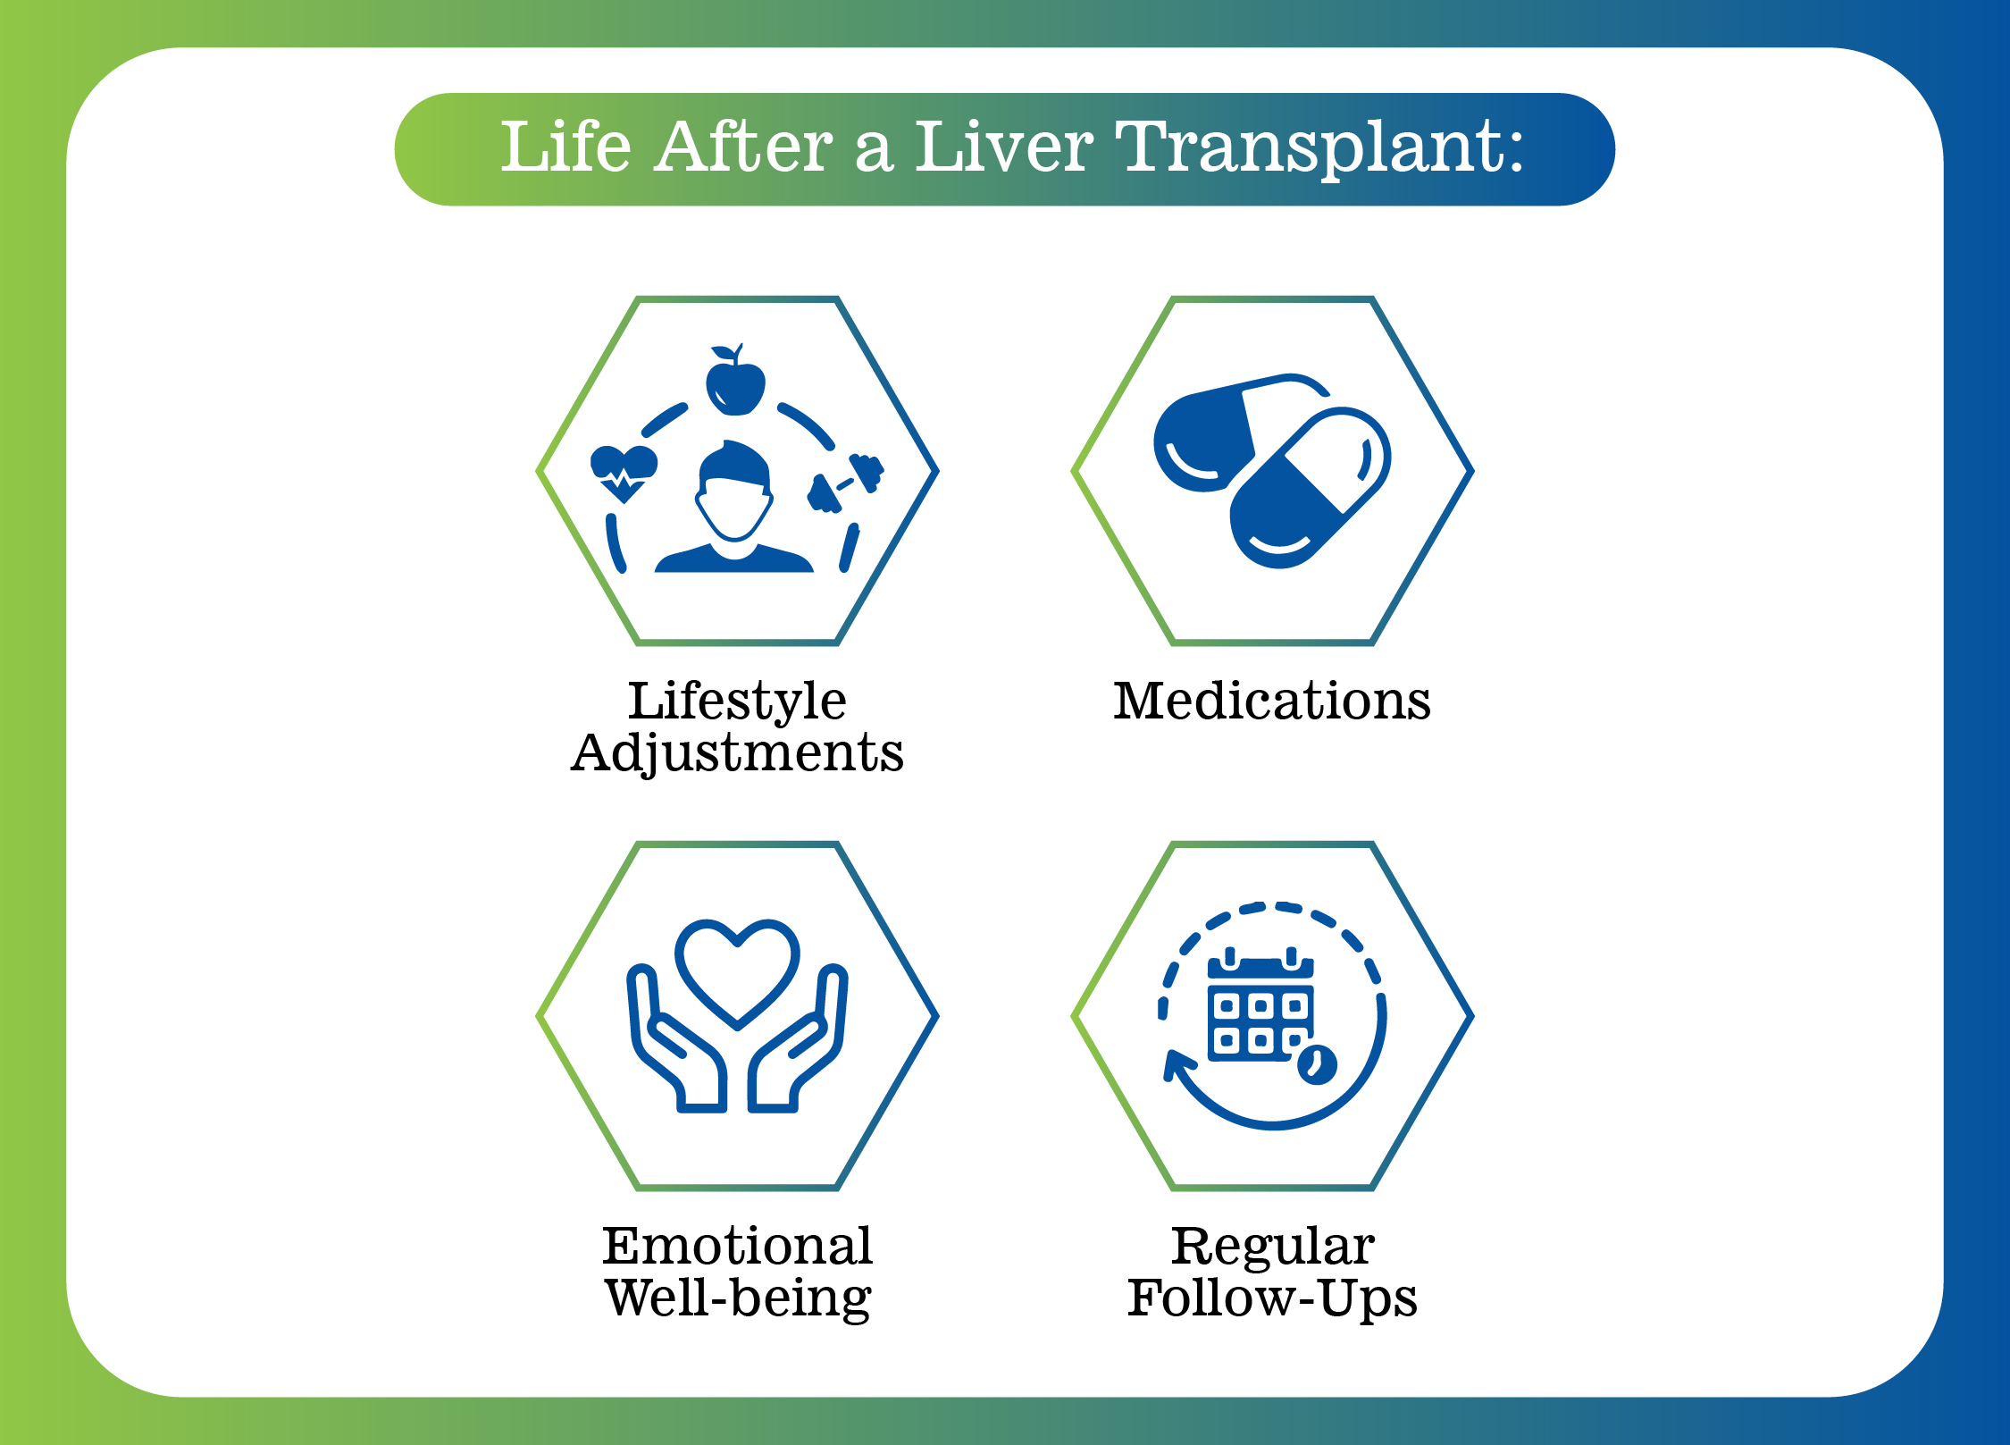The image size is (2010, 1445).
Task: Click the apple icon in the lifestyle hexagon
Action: [735, 380]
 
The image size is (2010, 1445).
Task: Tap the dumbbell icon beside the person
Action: [845, 483]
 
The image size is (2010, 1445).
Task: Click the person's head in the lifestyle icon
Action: [734, 491]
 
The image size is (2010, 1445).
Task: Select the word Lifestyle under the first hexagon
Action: [737, 701]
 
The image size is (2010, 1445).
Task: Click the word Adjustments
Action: [737, 753]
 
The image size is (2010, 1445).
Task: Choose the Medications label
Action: [1272, 701]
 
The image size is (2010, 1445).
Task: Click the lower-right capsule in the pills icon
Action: [1310, 488]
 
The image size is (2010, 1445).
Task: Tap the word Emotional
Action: [737, 1246]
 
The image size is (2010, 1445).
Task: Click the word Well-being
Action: [737, 1298]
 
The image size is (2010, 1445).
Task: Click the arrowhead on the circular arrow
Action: [1177, 1064]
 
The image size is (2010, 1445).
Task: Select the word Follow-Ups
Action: [1272, 1298]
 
